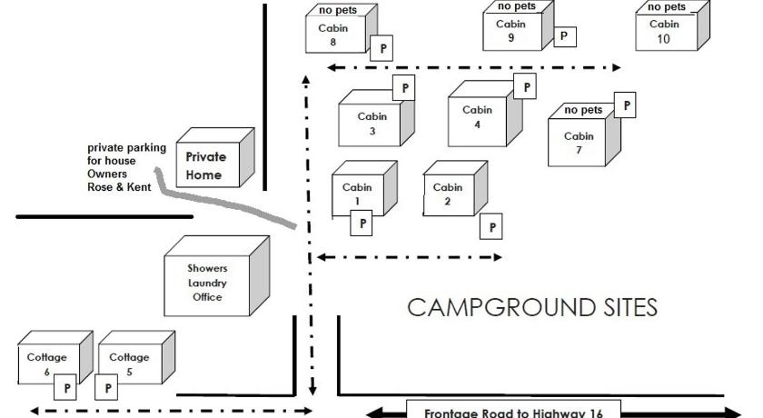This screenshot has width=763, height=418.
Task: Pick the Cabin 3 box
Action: pos(372,124)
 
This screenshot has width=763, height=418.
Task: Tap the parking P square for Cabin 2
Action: pos(492,227)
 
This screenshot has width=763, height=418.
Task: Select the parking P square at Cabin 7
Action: pos(625,106)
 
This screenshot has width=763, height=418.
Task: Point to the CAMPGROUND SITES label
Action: pos(532,308)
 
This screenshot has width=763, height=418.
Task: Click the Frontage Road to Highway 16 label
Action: pos(513,411)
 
